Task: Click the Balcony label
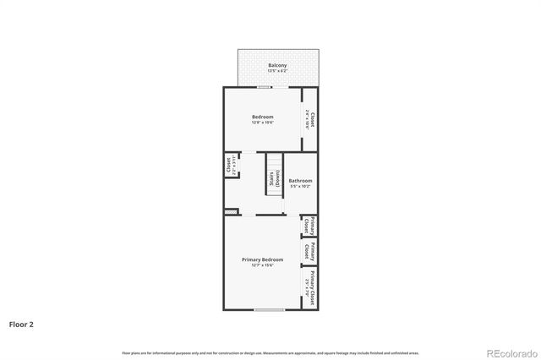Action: click(x=277, y=65)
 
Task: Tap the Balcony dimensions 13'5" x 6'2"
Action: click(x=277, y=71)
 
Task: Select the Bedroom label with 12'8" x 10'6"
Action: click(x=262, y=116)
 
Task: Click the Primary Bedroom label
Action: click(x=262, y=259)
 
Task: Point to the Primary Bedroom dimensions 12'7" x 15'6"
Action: click(x=262, y=265)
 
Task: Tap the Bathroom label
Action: click(x=300, y=180)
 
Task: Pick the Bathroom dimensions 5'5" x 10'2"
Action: click(x=300, y=186)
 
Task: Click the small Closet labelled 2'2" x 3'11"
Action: click(x=230, y=165)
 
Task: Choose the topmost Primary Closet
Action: click(x=312, y=226)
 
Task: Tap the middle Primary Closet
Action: click(x=312, y=252)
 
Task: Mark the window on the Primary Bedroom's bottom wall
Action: click(x=269, y=310)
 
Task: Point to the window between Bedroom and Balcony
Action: click(x=265, y=86)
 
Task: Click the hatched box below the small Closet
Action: click(x=228, y=211)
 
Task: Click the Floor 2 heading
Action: click(x=22, y=323)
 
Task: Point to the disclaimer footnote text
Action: click(x=270, y=352)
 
